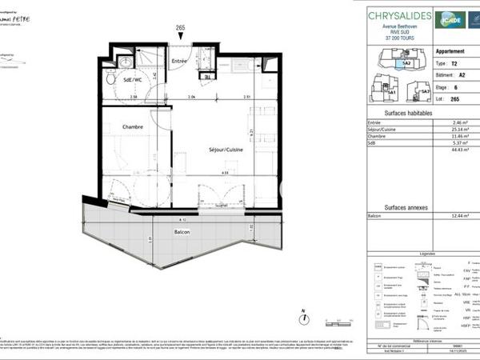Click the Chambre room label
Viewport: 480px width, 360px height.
coord(133,127)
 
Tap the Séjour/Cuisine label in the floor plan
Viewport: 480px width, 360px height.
coord(226,150)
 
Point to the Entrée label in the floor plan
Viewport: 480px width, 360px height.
coord(180,61)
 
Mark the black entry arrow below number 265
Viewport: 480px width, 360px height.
coord(180,39)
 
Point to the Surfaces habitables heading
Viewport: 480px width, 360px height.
coord(410,114)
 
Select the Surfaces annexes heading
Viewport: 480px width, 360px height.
coord(410,207)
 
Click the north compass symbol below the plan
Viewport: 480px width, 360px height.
coord(304,318)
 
